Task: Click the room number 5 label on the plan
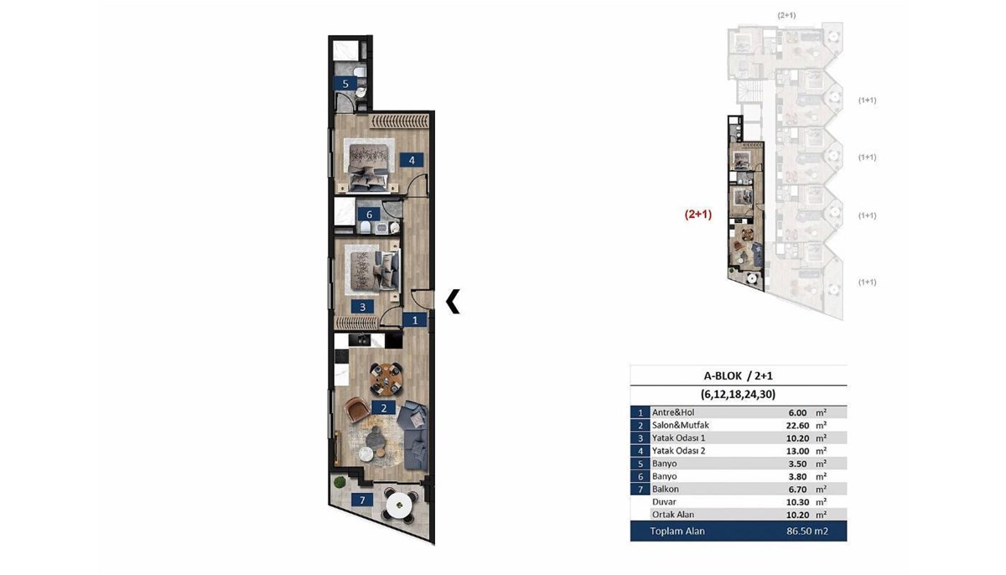coord(345,84)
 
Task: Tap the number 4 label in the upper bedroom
coord(412,160)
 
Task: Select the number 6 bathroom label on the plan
coord(369,214)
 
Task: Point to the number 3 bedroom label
coord(362,307)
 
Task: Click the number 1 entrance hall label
coord(414,320)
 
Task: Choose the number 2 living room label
coord(384,408)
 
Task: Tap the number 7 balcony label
coord(362,500)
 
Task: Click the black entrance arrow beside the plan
coord(453,301)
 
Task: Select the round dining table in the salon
coord(386,379)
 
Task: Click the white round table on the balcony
coord(399,506)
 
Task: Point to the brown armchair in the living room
coord(356,409)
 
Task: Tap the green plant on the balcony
coord(340,482)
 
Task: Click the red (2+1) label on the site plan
coord(697,215)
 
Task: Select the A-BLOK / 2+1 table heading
coord(739,376)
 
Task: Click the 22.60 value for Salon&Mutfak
coord(798,425)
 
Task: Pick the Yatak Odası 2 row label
coord(678,451)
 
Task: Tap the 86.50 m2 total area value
coord(807,531)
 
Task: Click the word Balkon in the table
coord(666,489)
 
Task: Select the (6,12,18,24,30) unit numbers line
coord(739,395)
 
